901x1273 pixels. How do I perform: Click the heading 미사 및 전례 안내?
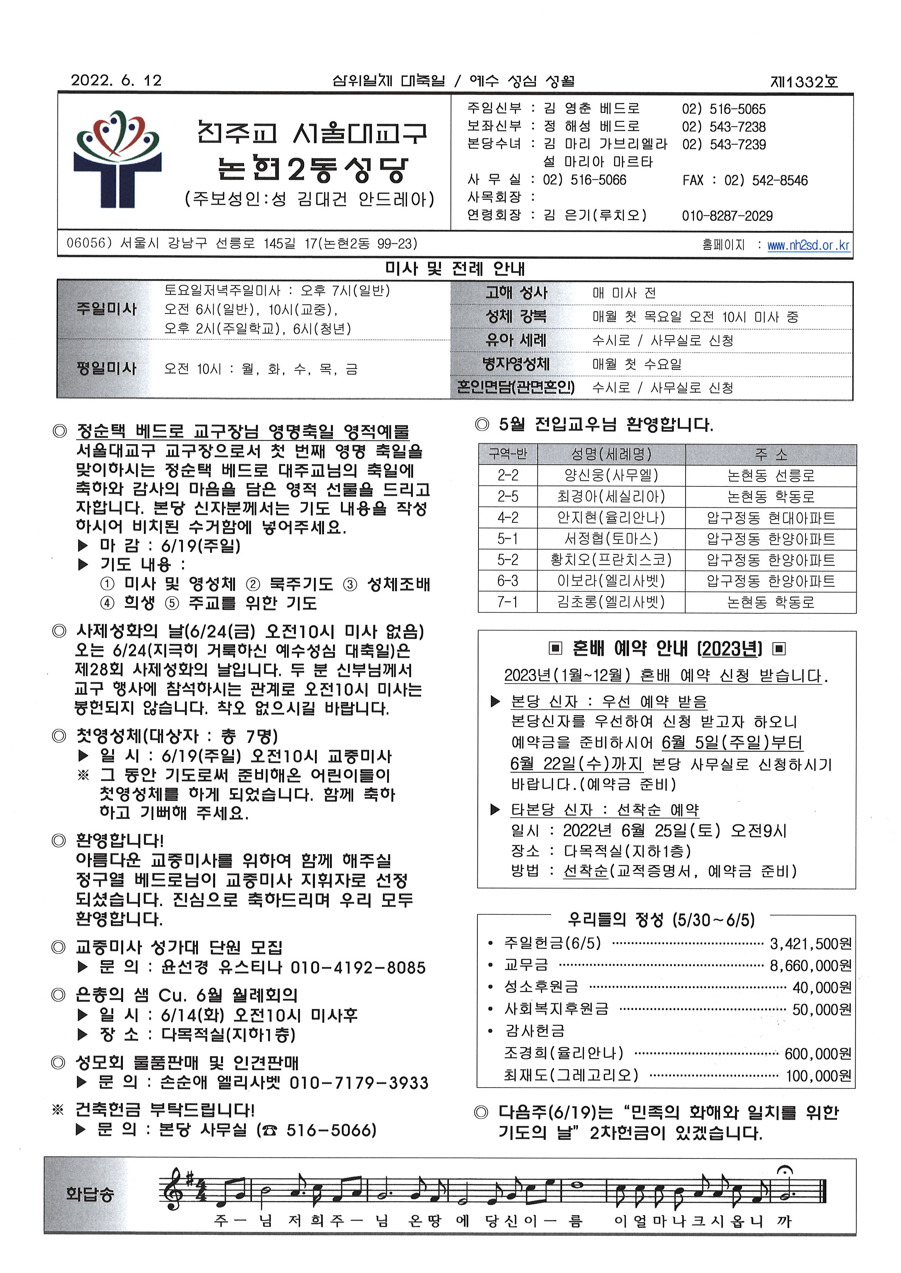pyautogui.click(x=454, y=269)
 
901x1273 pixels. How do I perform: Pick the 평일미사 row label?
pyautogui.click(x=106, y=368)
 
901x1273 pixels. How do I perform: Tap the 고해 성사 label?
pyautogui.click(x=516, y=293)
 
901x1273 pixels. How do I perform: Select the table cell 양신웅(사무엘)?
pyautogui.click(x=611, y=475)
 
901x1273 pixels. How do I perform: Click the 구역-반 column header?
pyautogui.click(x=507, y=454)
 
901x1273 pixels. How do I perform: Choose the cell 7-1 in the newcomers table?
pyautogui.click(x=507, y=602)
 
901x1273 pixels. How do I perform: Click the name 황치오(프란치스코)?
pyautogui.click(x=611, y=560)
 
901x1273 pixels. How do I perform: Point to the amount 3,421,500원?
pyautogui.click(x=811, y=943)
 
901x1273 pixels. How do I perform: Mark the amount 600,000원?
pyautogui.click(x=818, y=1053)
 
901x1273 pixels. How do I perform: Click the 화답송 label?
pyautogui.click(x=89, y=1194)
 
